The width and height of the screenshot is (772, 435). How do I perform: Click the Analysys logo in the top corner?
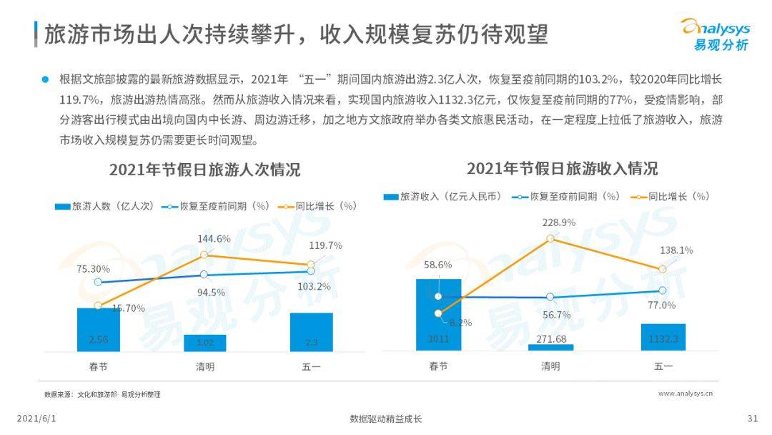[x=715, y=34]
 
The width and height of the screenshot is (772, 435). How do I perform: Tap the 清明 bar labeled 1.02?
[x=204, y=343]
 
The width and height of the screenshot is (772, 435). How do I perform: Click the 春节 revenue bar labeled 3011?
[x=438, y=315]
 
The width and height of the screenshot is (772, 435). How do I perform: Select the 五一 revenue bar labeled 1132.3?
[x=663, y=337]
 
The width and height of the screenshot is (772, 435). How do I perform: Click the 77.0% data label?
[x=662, y=305]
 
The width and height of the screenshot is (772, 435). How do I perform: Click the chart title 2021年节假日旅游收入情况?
[x=562, y=169]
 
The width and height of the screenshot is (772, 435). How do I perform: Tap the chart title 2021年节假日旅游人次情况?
[x=204, y=170]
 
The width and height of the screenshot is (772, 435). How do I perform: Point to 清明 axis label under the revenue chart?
[x=550, y=366]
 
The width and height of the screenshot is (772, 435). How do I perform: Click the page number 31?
[x=751, y=419]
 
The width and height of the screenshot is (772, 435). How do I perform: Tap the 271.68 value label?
[x=550, y=338]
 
